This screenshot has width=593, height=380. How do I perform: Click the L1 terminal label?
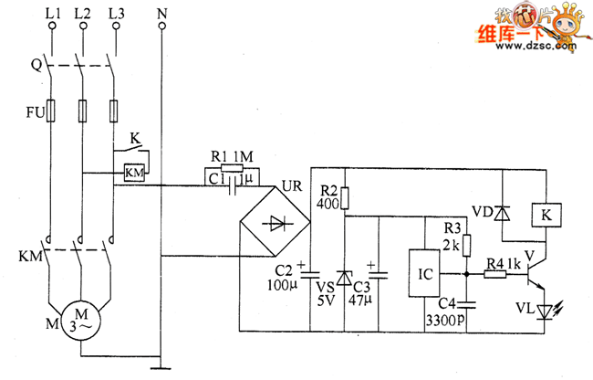(x=53, y=14)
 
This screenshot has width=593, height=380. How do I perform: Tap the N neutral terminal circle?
(x=161, y=26)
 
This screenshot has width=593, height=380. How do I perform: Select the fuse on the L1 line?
(x=51, y=111)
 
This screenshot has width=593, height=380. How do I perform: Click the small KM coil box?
(x=135, y=173)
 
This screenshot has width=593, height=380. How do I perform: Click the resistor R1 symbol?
(x=232, y=168)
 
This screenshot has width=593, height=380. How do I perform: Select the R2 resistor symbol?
(x=345, y=198)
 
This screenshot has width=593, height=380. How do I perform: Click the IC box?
(x=424, y=273)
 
